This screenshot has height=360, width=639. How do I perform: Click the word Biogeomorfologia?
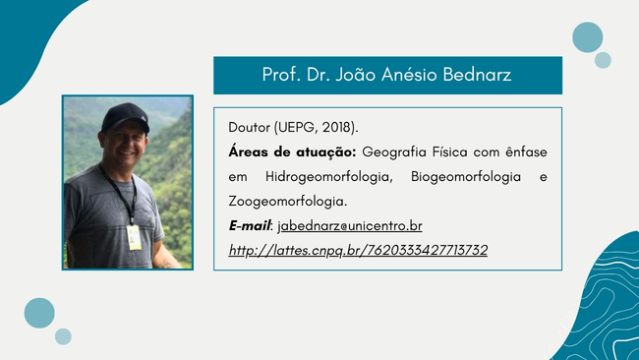tap(466, 177)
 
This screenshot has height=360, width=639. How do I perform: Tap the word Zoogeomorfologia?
tap(288, 202)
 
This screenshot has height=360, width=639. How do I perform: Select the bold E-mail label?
tap(250, 225)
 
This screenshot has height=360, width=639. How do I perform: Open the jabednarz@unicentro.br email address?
tap(350, 226)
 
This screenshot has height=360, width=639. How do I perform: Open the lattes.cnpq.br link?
tap(358, 250)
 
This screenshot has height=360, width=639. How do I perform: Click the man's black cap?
tap(125, 117)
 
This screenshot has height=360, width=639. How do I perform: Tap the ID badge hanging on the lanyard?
tap(134, 237)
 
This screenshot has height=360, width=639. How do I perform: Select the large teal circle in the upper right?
tap(587, 37)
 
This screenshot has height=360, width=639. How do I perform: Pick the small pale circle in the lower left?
tap(63, 336)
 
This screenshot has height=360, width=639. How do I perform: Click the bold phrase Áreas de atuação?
tap(292, 152)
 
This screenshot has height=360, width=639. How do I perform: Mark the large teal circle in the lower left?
tap(39, 313)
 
